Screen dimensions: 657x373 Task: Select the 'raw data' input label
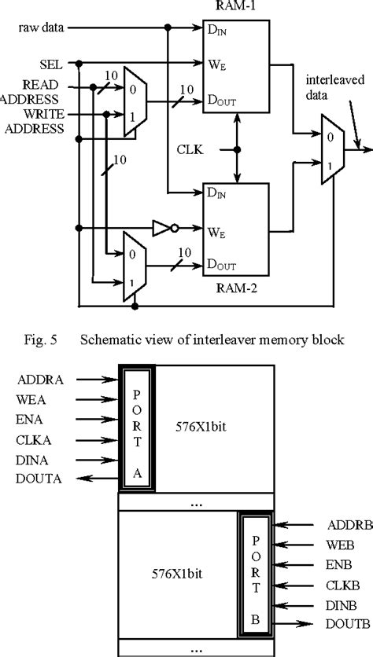coord(42,28)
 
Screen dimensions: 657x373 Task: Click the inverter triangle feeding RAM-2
coord(161,229)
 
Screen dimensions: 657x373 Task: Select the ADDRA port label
coord(39,380)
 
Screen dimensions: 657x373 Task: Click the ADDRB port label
coord(342,524)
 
